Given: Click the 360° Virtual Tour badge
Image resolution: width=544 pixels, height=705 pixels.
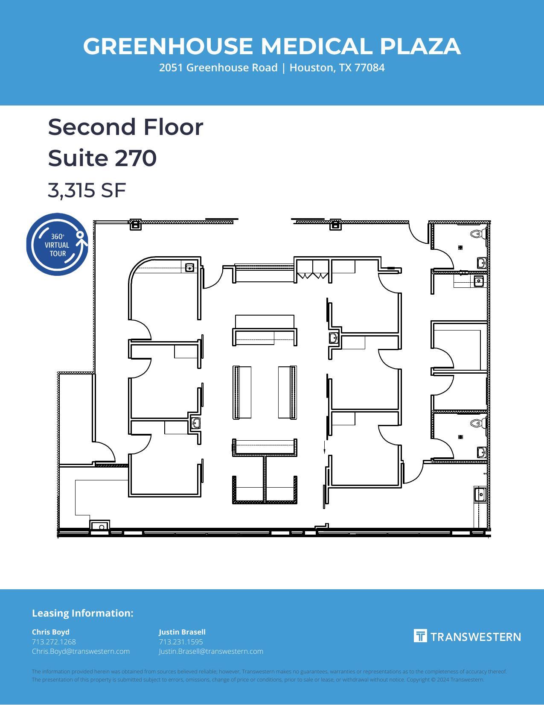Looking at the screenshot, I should [57, 245].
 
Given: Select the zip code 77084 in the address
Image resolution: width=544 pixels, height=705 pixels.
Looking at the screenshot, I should [369, 68].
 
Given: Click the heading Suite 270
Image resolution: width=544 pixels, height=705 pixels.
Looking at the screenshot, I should [102, 158].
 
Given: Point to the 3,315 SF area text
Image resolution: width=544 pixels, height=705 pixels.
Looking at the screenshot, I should [87, 190].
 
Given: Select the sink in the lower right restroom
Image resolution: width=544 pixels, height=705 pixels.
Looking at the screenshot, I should [481, 452].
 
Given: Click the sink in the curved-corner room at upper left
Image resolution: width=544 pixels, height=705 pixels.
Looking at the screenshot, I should [189, 268].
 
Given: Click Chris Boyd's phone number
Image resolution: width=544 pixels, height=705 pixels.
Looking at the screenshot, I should [54, 642].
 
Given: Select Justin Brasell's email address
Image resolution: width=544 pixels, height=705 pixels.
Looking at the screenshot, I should [211, 651].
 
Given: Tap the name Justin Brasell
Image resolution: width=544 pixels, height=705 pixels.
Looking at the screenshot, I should [182, 632].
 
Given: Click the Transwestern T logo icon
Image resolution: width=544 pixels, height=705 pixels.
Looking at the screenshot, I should [420, 636].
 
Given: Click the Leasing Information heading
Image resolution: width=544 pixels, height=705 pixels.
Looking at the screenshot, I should [83, 613].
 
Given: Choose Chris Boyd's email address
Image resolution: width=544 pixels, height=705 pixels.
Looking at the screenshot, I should [81, 651].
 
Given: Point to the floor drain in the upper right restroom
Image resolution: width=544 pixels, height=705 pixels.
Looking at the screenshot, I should [460, 247].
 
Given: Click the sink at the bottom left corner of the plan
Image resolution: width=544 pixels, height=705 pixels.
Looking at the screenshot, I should [100, 527].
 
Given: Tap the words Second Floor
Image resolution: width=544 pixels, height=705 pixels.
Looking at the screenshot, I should [125, 127].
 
